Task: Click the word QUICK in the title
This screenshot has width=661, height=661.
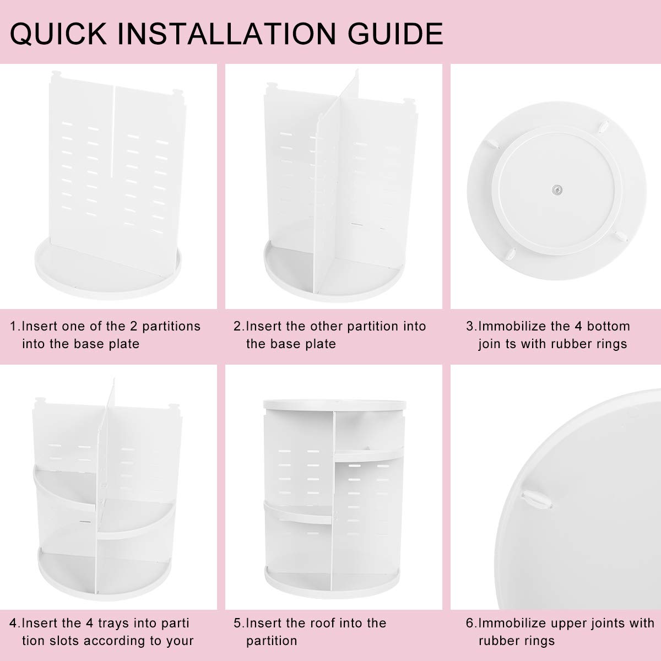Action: pyautogui.click(x=58, y=34)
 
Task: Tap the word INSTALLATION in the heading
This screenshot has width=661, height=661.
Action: pyautogui.click(x=227, y=34)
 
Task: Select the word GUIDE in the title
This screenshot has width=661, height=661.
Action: pyautogui.click(x=395, y=34)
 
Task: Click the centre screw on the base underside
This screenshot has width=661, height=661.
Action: pyautogui.click(x=557, y=189)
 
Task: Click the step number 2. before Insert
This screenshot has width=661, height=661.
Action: pyautogui.click(x=240, y=326)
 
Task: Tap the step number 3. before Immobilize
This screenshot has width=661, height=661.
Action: pyautogui.click(x=472, y=326)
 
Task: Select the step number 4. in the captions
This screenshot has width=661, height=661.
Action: pyautogui.click(x=15, y=622)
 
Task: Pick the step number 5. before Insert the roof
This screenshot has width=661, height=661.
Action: pyautogui.click(x=240, y=622)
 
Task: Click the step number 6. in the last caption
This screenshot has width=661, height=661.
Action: pyautogui.click(x=472, y=622)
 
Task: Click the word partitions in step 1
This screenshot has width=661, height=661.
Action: pyautogui.click(x=171, y=327)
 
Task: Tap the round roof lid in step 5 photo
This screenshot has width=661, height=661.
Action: pyautogui.click(x=334, y=405)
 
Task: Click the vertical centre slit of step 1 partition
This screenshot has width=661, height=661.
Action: pyautogui.click(x=112, y=132)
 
